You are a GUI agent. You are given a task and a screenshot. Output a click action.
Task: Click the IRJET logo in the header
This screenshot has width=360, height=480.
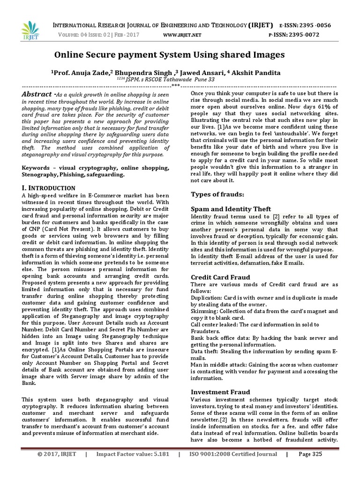(30, 30)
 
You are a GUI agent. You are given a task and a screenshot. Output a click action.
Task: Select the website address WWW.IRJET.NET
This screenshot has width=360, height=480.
(182, 35)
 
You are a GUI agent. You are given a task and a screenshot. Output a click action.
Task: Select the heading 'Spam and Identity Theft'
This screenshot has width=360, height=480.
(231, 209)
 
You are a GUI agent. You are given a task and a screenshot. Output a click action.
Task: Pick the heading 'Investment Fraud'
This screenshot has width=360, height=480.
(220, 392)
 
